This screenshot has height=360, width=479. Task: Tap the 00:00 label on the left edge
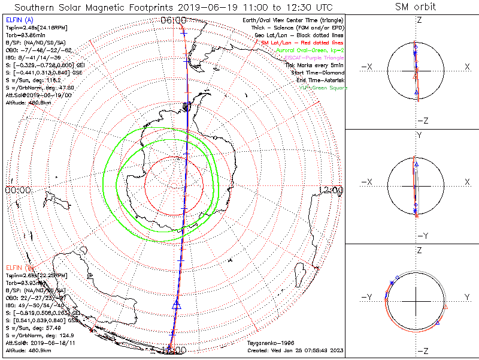click(18, 190)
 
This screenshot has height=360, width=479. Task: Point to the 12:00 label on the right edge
click(331, 190)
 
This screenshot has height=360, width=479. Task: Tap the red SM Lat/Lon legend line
click(301, 43)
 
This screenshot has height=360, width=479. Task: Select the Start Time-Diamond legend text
click(317, 73)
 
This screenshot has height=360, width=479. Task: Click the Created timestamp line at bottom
click(295, 350)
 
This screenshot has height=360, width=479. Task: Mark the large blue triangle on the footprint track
click(177, 305)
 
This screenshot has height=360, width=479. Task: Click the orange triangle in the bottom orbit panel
click(445, 307)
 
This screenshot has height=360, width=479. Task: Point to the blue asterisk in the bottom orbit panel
click(392, 283)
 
